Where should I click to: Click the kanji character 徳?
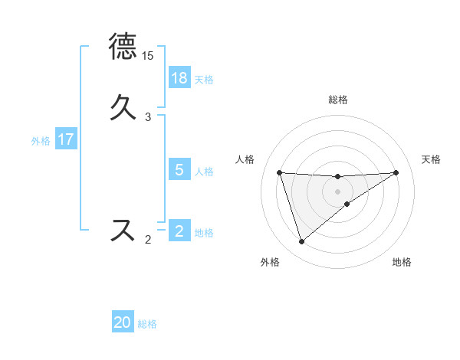click(123, 47)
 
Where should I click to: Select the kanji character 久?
click(123, 108)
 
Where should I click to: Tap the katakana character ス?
click(123, 231)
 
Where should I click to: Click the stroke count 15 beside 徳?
click(148, 56)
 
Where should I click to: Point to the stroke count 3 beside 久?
click(148, 117)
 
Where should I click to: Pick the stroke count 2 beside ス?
click(148, 240)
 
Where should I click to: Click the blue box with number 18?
click(179, 78)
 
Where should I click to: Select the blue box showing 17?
click(66, 139)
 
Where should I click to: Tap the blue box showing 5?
click(179, 170)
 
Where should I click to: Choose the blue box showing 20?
click(123, 323)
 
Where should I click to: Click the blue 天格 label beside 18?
click(204, 79)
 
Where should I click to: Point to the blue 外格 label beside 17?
click(41, 140)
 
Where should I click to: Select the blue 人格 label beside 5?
click(204, 171)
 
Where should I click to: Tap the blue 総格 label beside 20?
click(147, 324)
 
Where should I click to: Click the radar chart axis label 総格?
click(338, 100)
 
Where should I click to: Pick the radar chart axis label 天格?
click(431, 159)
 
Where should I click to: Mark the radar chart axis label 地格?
click(402, 262)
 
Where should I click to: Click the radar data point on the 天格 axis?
click(396, 172)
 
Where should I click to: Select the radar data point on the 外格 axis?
click(301, 242)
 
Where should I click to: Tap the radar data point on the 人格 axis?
click(279, 172)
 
